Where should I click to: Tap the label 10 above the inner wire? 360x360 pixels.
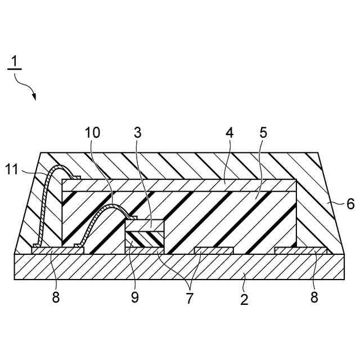click(x=93, y=133)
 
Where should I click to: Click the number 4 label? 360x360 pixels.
click(x=229, y=133)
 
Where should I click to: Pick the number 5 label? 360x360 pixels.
click(x=263, y=133)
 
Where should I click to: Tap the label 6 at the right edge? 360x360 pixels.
click(x=350, y=204)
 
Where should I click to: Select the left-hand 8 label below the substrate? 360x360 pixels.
click(x=55, y=298)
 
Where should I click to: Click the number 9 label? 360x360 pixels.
click(x=134, y=298)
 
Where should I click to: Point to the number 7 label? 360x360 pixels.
click(x=190, y=299)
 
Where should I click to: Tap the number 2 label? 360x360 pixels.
click(x=244, y=299)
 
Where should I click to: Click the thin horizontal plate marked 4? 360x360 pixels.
click(x=180, y=185)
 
